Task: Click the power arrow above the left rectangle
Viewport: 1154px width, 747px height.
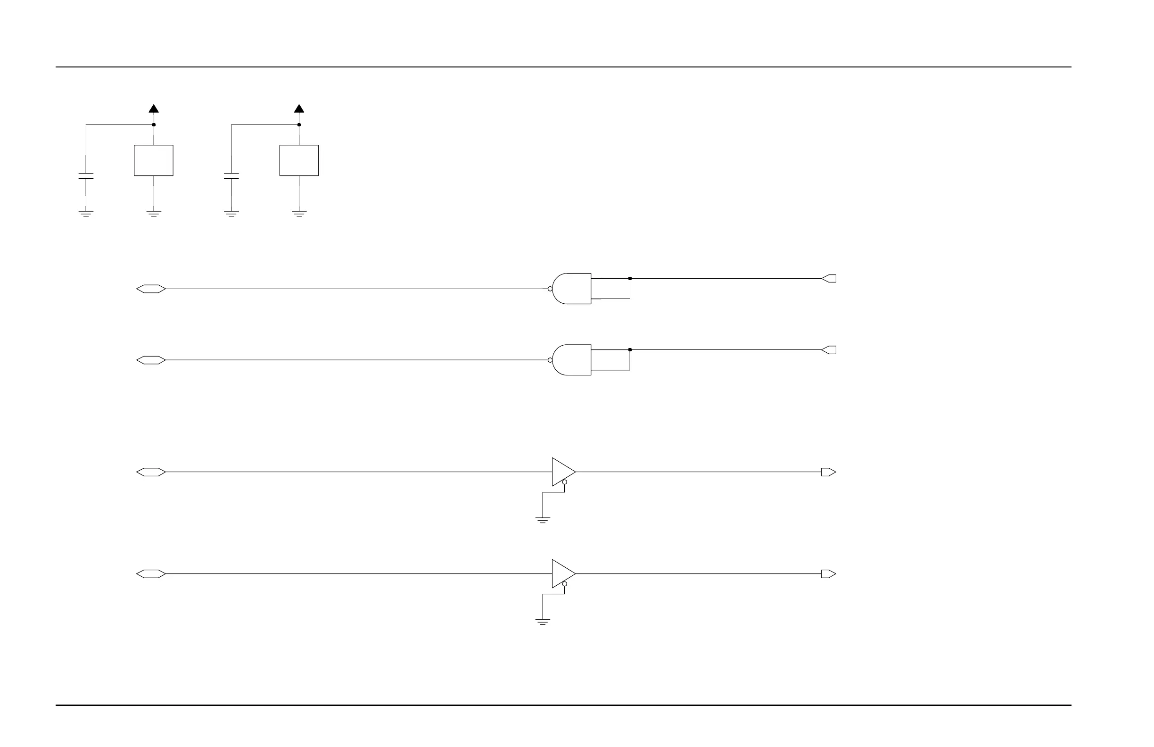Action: click(x=154, y=108)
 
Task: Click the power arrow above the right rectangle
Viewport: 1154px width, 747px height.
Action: click(x=299, y=108)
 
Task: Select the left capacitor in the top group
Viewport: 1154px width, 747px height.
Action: click(x=86, y=176)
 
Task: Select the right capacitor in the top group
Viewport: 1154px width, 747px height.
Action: click(x=231, y=176)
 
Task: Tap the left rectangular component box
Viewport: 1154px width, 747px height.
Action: click(x=154, y=160)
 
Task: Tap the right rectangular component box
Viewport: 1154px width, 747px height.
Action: click(x=299, y=160)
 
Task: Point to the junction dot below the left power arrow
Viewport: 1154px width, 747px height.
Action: click(x=154, y=125)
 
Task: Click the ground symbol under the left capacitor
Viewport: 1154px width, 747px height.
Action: click(x=86, y=214)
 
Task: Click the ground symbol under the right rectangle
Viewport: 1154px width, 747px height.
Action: click(x=299, y=214)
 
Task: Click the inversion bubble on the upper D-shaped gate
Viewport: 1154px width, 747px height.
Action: click(x=550, y=289)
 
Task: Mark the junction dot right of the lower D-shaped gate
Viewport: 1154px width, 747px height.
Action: click(x=630, y=350)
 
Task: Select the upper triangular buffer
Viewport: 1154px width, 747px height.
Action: click(x=562, y=472)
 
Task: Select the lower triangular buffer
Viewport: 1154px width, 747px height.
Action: click(x=562, y=574)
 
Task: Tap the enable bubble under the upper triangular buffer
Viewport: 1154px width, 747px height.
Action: click(x=564, y=482)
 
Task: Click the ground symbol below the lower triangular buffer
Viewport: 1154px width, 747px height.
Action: click(x=543, y=622)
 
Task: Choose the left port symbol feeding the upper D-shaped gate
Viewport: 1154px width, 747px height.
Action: click(x=151, y=289)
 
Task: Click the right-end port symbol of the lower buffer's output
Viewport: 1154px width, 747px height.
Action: click(x=828, y=574)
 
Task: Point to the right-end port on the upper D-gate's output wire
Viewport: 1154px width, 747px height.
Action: click(x=829, y=279)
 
